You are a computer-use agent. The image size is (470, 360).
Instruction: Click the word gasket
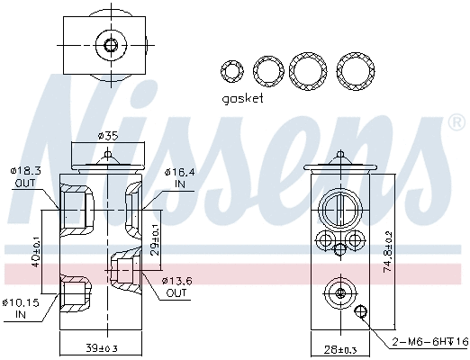pos(242,98)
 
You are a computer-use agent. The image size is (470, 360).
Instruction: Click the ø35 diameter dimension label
pos(107,136)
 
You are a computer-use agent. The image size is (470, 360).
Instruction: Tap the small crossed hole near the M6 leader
pos(363,312)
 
